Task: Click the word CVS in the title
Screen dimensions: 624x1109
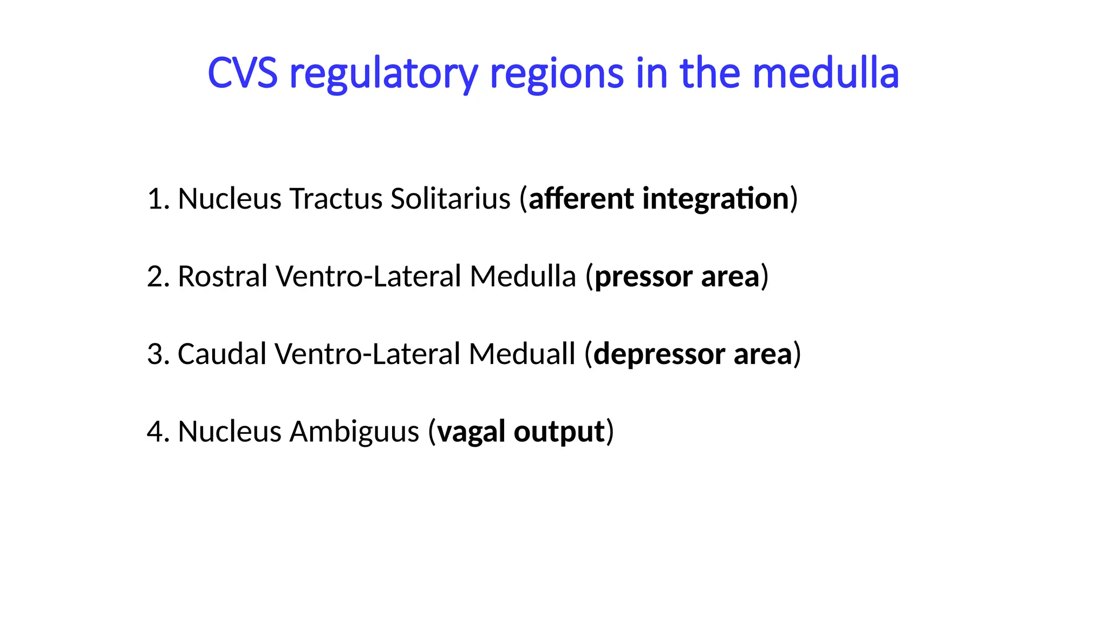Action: [x=242, y=73]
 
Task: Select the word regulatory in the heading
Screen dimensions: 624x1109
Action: [x=383, y=74]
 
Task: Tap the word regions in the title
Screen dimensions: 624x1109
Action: [x=557, y=74]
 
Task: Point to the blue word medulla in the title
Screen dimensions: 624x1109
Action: [x=826, y=73]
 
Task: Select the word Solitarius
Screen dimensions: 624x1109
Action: [x=451, y=199]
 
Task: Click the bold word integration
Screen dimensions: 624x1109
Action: [x=715, y=199]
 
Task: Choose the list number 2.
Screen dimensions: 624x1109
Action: [x=158, y=276]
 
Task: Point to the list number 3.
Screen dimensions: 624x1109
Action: [x=158, y=354]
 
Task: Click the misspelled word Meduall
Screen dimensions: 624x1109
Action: [x=521, y=354]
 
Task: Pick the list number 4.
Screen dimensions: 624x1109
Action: [x=158, y=432]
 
